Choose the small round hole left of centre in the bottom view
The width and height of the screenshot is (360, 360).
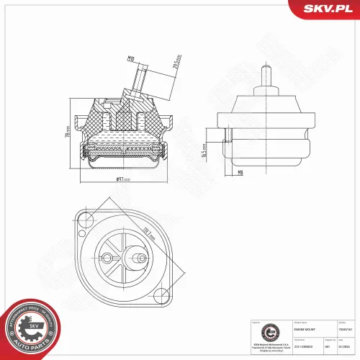[x=109, y=258]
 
